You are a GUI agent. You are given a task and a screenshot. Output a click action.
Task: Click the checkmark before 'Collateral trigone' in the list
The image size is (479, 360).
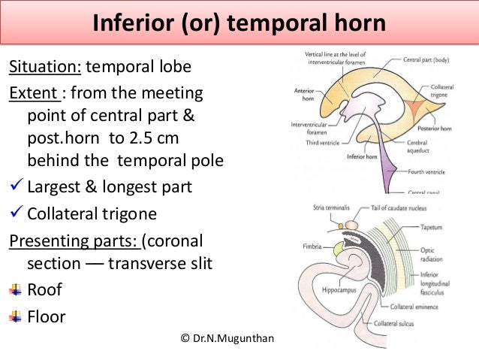(15, 213)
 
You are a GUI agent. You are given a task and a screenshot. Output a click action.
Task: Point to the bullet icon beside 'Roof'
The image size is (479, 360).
(14, 289)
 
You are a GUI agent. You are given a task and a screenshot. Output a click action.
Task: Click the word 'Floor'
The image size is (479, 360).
(46, 316)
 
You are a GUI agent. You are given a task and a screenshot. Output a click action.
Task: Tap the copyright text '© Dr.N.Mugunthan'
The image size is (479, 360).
(228, 340)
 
